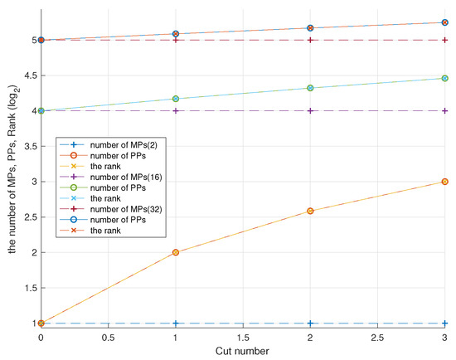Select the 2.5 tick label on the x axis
[378, 338]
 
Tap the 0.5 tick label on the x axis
[108, 338]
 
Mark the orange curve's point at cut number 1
[176, 252]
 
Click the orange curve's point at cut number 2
[311, 211]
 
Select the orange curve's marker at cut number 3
[446, 182]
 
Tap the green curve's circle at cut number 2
[311, 88]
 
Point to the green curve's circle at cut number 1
[176, 99]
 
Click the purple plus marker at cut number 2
[311, 110]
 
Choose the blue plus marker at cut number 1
[176, 323]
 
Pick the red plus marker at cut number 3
[446, 40]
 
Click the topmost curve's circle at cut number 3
[446, 22]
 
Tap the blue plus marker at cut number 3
[446, 323]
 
